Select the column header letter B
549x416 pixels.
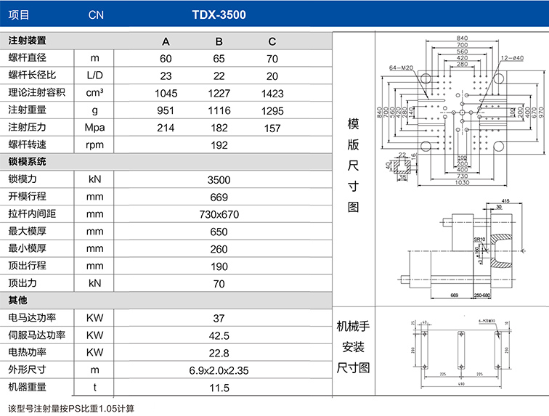tap(219, 41)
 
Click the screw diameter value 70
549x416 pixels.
tap(272, 58)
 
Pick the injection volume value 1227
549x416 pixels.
tap(219, 93)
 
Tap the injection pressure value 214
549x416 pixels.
tap(166, 128)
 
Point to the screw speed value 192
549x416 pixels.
tap(219, 145)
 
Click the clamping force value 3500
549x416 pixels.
tap(219, 180)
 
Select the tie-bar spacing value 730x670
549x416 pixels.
tap(219, 214)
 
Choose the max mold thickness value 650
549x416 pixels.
tap(219, 232)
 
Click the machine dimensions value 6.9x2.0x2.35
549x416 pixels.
tap(219, 370)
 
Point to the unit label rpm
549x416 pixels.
tap(94, 145)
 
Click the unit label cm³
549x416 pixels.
tap(94, 93)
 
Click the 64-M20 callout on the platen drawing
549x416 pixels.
tap(402, 68)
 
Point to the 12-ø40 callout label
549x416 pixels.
tap(513, 57)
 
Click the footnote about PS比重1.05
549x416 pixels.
tap(70, 408)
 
